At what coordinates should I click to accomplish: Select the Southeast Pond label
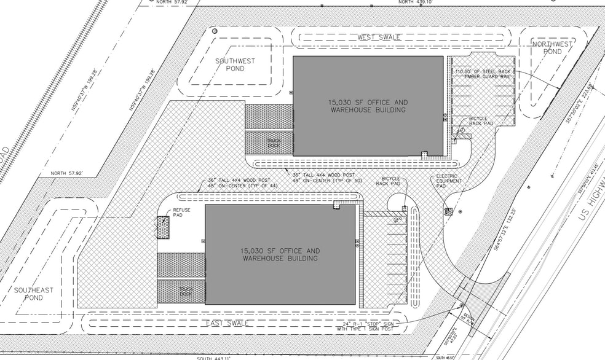pos(34,294)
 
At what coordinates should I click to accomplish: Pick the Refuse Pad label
pos(181,213)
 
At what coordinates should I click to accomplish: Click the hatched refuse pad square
pos(162,227)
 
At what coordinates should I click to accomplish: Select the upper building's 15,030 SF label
pos(368,106)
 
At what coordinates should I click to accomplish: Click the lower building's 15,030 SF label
pos(280,254)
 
